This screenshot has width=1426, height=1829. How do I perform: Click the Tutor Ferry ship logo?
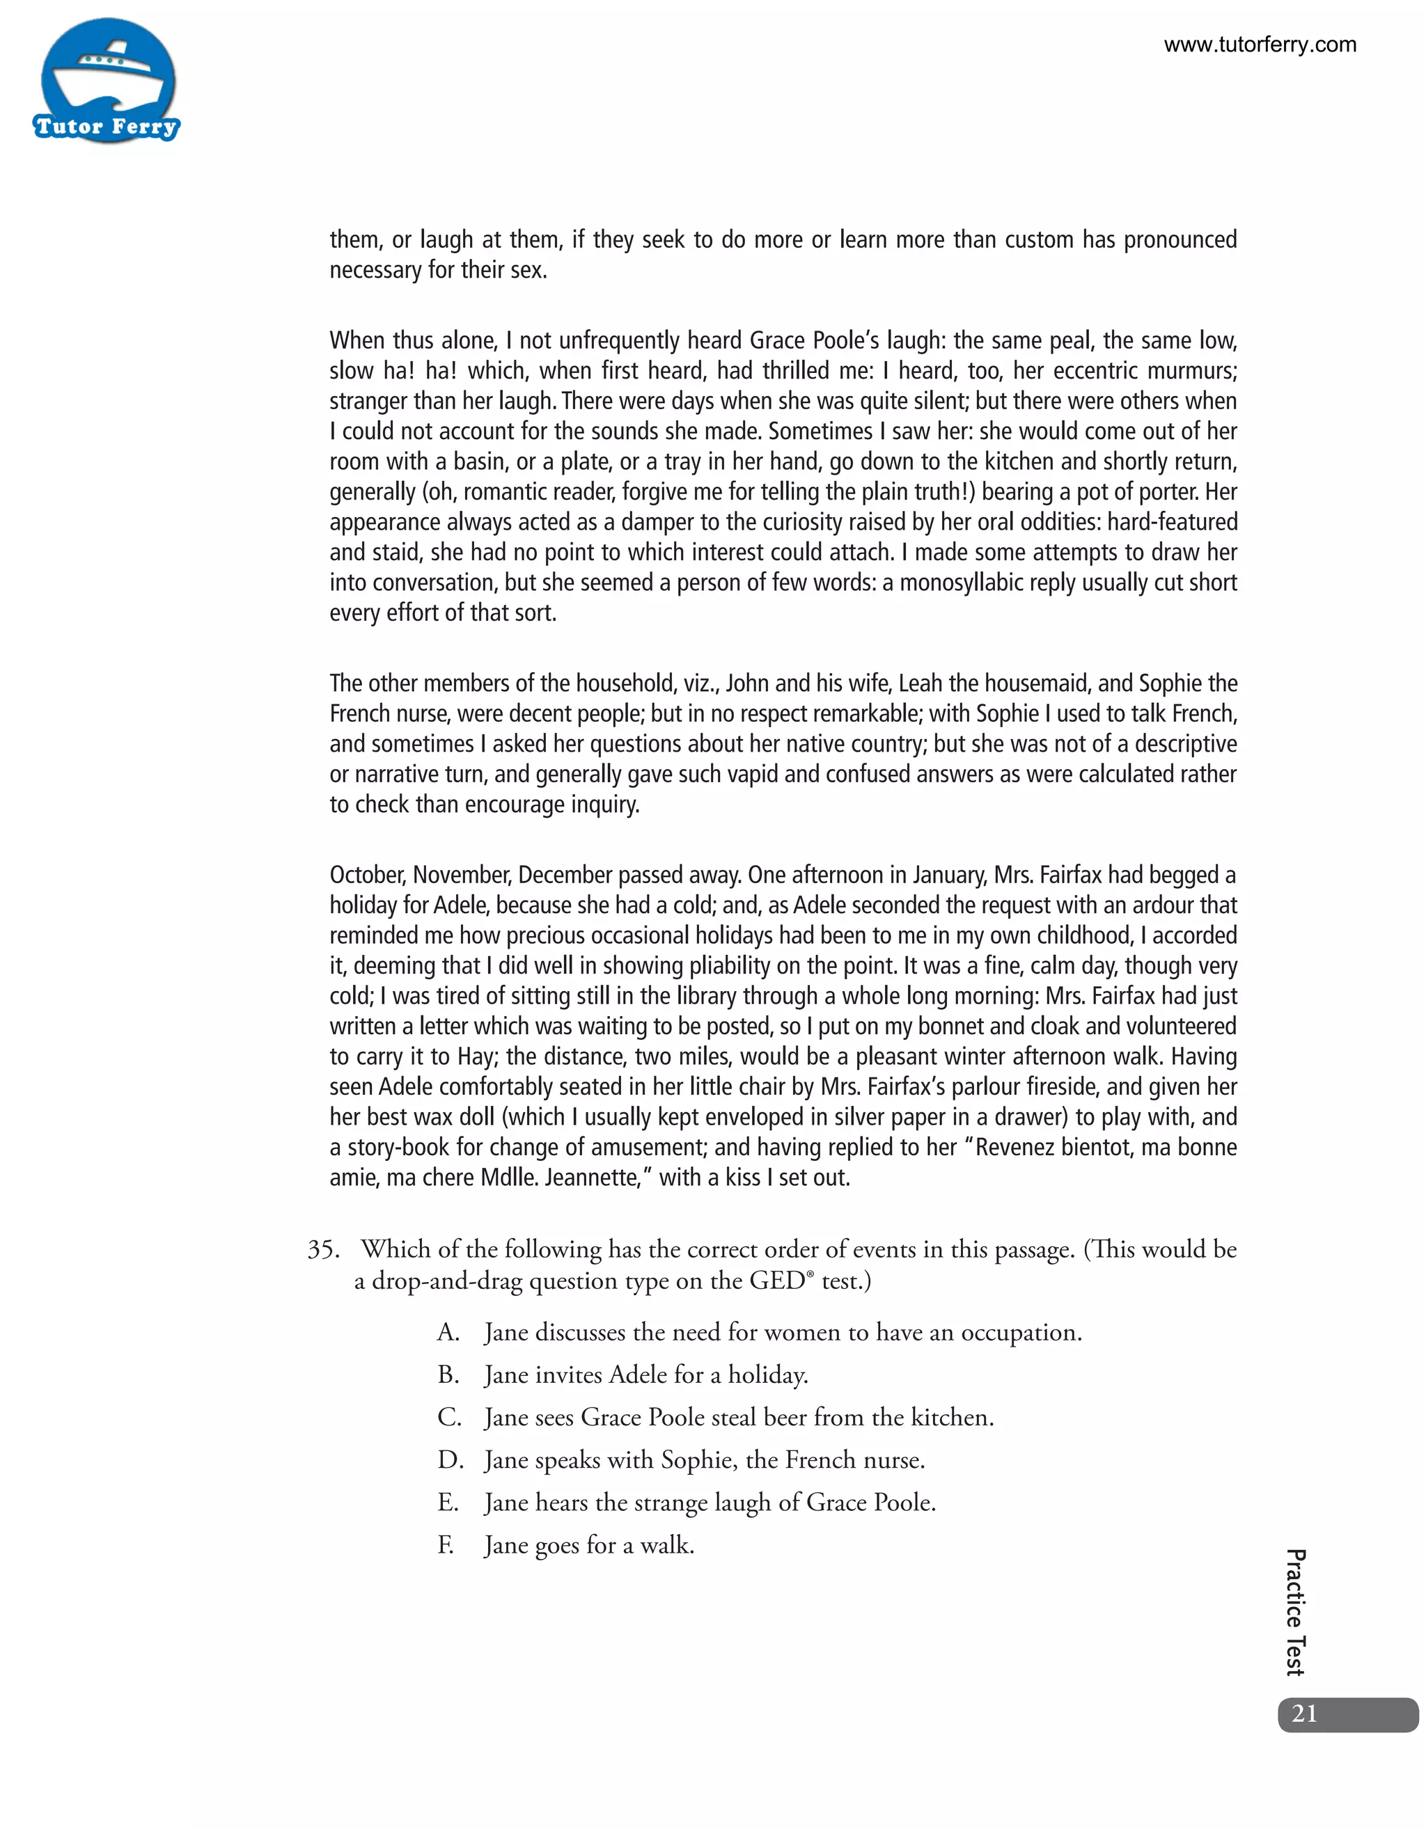click(x=107, y=81)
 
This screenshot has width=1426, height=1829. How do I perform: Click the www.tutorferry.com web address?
click(x=1260, y=45)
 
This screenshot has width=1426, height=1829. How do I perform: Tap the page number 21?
click(x=1305, y=1713)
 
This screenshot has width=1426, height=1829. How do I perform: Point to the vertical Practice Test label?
click(x=1294, y=1612)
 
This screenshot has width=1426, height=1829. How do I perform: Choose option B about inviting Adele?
click(x=645, y=1375)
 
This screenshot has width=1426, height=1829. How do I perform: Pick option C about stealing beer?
click(x=738, y=1418)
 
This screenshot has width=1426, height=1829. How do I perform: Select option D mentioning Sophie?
click(x=704, y=1461)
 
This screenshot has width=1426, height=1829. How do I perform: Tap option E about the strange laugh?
click(x=710, y=1503)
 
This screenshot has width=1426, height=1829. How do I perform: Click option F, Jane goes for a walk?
click(x=589, y=1546)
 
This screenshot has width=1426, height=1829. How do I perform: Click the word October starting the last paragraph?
click(x=367, y=875)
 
